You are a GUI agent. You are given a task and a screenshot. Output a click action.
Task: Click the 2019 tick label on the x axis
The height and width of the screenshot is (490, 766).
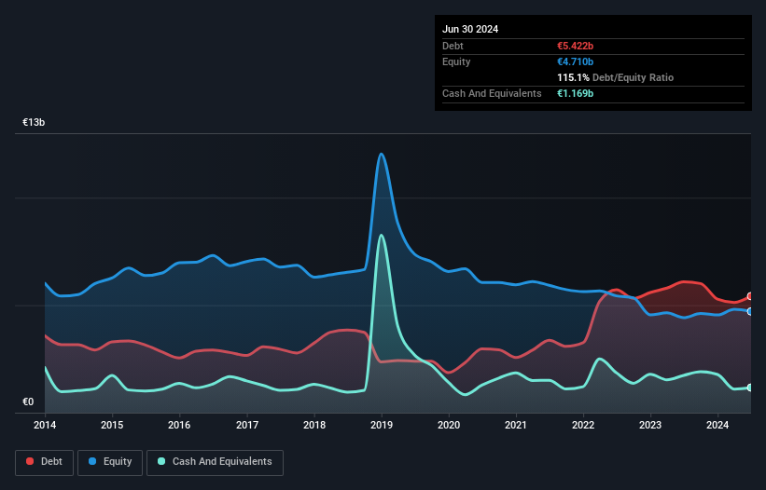(x=382, y=426)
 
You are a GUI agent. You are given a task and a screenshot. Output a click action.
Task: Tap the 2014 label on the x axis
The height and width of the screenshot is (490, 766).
(x=45, y=426)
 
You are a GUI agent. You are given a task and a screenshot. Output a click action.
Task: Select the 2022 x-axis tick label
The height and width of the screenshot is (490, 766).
(x=583, y=426)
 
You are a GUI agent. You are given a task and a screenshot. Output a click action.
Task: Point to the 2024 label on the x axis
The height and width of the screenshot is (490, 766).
(x=717, y=426)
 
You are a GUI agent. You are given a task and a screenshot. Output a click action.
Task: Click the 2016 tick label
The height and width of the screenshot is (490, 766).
(x=179, y=426)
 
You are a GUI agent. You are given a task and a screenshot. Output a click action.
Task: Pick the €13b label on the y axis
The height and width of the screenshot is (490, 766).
(x=35, y=123)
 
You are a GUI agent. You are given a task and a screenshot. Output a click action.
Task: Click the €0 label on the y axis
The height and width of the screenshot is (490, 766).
(x=28, y=402)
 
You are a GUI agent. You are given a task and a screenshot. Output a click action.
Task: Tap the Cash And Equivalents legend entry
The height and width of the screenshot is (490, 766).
(x=215, y=461)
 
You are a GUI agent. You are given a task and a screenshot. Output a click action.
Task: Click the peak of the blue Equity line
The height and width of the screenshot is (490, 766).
(x=381, y=154)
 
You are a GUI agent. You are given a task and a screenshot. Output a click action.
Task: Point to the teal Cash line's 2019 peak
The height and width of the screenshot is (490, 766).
(x=381, y=235)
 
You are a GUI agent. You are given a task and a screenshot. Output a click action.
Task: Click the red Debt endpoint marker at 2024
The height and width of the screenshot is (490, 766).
(x=750, y=296)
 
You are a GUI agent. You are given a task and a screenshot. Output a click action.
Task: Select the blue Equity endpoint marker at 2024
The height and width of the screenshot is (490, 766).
(x=750, y=311)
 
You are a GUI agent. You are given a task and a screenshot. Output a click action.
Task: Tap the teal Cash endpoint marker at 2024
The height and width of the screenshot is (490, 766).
(x=750, y=388)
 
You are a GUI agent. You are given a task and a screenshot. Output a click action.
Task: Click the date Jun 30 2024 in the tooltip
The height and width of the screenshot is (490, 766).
(x=470, y=29)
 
